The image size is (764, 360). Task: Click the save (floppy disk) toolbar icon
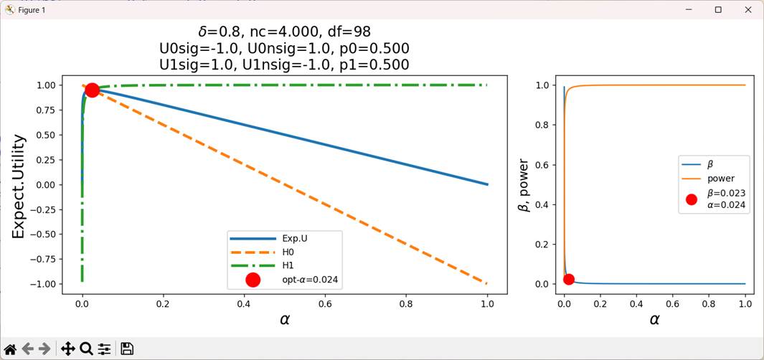(127, 349)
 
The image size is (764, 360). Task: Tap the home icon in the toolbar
(10, 349)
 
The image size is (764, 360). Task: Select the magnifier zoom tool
(86, 349)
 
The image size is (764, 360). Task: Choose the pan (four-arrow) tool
(68, 349)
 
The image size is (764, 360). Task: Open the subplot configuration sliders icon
(105, 349)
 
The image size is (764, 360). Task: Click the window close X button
(749, 9)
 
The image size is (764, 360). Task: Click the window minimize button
(688, 9)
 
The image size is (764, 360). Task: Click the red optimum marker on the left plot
(92, 90)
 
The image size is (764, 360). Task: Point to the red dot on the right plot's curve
(569, 280)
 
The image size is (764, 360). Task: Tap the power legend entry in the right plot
(721, 179)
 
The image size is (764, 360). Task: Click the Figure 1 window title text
(32, 10)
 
